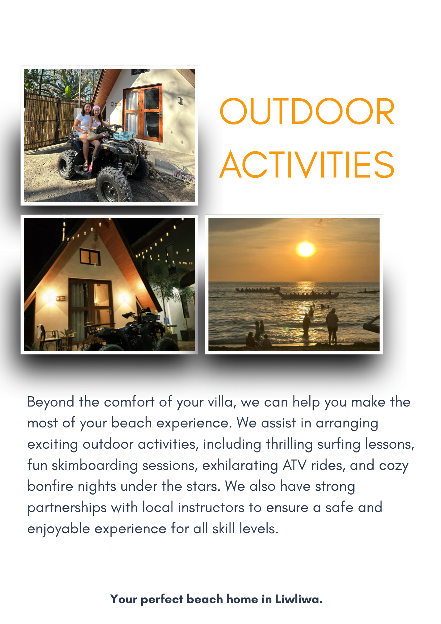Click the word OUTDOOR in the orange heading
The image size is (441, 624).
click(x=307, y=111)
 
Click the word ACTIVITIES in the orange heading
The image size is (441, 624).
click(x=307, y=164)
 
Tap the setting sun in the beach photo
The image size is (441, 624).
click(x=306, y=249)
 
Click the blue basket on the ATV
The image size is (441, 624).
click(x=124, y=135)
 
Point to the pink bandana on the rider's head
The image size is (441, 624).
click(x=96, y=108)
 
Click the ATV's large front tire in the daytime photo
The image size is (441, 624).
click(x=113, y=185)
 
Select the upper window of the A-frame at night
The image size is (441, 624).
click(x=90, y=256)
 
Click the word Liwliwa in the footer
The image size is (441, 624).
click(x=298, y=599)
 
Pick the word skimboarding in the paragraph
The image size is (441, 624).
click(x=95, y=466)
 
